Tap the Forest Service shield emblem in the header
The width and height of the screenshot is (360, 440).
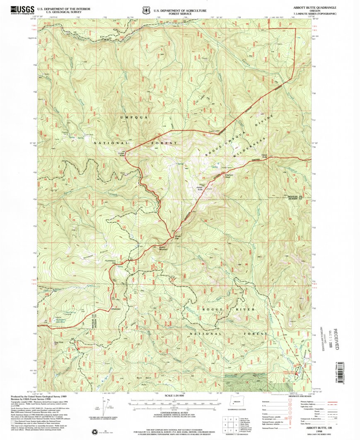pyautogui.click(x=145, y=9)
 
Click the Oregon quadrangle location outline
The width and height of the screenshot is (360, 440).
pyautogui.click(x=237, y=403)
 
